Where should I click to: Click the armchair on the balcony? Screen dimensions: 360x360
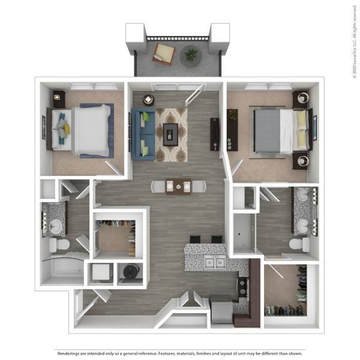tap(163, 52)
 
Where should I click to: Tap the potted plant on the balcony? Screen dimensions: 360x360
tap(191, 56)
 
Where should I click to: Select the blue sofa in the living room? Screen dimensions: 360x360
tap(143, 134)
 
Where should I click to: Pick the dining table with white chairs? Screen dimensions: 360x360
tap(178, 187)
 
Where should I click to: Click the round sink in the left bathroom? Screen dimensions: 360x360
tap(55, 226)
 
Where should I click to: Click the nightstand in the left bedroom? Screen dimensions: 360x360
tap(59, 98)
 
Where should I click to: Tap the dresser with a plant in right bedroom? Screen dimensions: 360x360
tap(233, 130)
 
